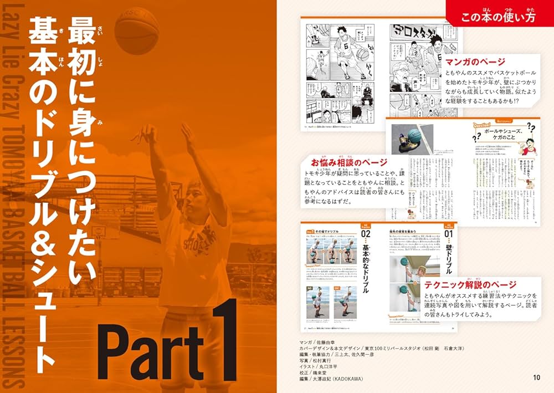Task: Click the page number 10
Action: tap(535, 378)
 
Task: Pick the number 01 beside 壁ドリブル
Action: tap(448, 234)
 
